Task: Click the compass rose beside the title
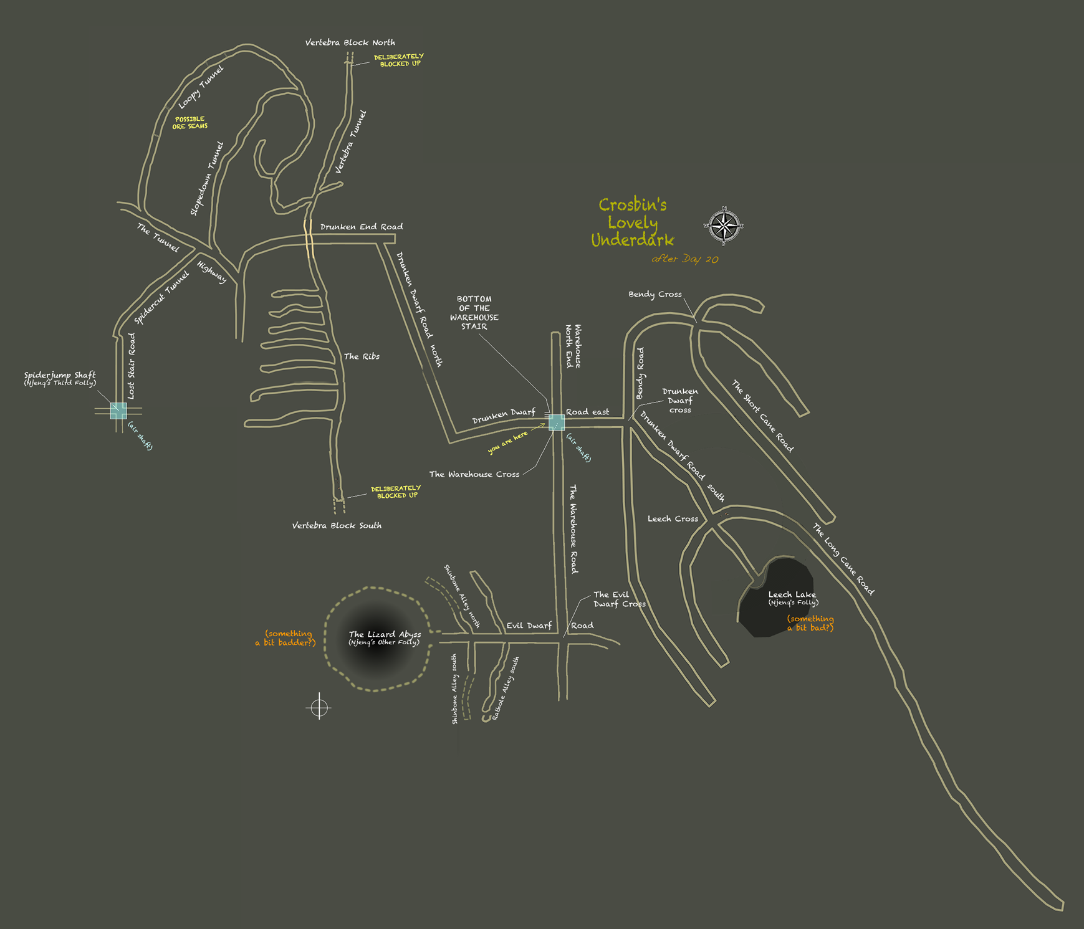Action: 723,226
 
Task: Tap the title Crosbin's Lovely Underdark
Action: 633,222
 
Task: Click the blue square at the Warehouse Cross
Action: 557,422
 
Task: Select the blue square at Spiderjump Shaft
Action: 118,411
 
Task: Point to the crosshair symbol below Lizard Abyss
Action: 319,707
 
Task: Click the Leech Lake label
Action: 792,595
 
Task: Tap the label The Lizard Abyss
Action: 385,635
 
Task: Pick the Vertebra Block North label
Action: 350,42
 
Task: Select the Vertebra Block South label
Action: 337,525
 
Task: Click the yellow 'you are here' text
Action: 507,442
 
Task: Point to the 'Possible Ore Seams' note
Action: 189,123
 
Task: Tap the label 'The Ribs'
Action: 362,356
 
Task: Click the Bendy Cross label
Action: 655,294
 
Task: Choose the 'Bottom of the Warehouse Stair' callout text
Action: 474,313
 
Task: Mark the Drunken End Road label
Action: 362,227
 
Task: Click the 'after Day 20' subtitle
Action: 684,259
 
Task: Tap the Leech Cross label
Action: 673,518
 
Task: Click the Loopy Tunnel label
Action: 201,87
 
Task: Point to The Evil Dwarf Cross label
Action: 618,599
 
